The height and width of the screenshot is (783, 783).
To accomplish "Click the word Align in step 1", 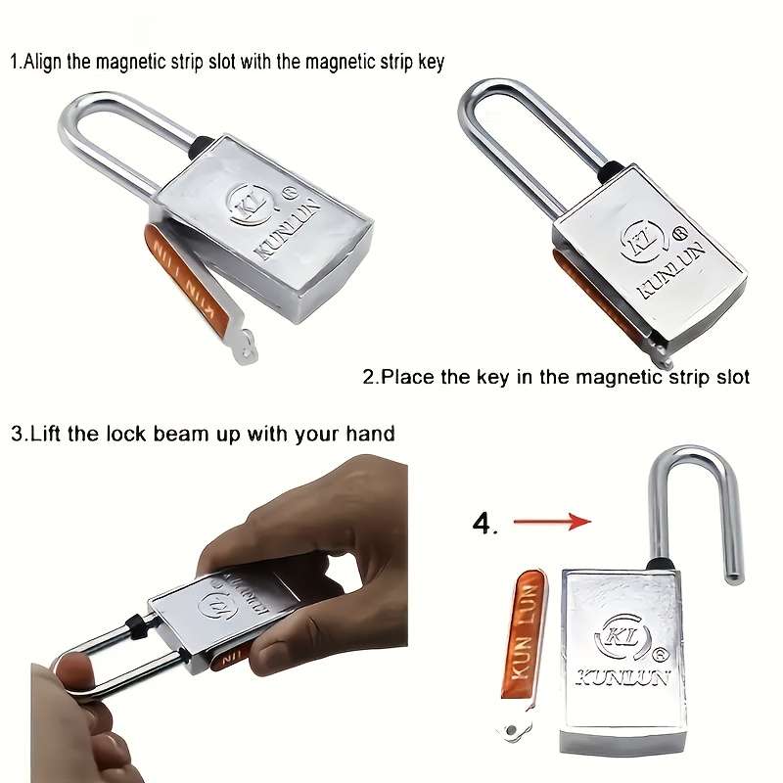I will (x=43, y=62).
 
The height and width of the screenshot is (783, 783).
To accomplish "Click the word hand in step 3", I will (x=372, y=433).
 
